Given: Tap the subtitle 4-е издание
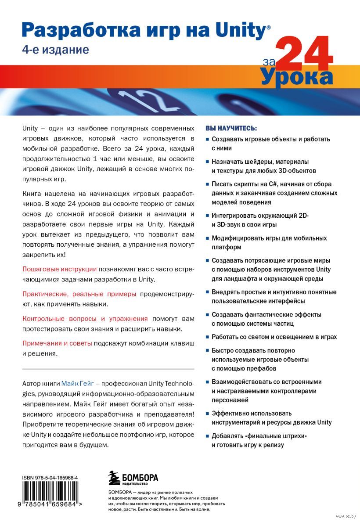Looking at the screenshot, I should (55, 50).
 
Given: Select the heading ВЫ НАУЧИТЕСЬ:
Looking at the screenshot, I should (231, 129).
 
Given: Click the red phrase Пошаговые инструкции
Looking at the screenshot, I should (59, 269).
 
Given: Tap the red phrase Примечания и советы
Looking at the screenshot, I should (57, 343).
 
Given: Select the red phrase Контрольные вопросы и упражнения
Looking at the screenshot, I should (85, 319).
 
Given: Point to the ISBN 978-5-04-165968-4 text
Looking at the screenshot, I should (53, 477).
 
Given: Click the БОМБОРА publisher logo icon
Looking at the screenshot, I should (114, 477).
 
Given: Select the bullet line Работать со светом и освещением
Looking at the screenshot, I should (274, 337).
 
